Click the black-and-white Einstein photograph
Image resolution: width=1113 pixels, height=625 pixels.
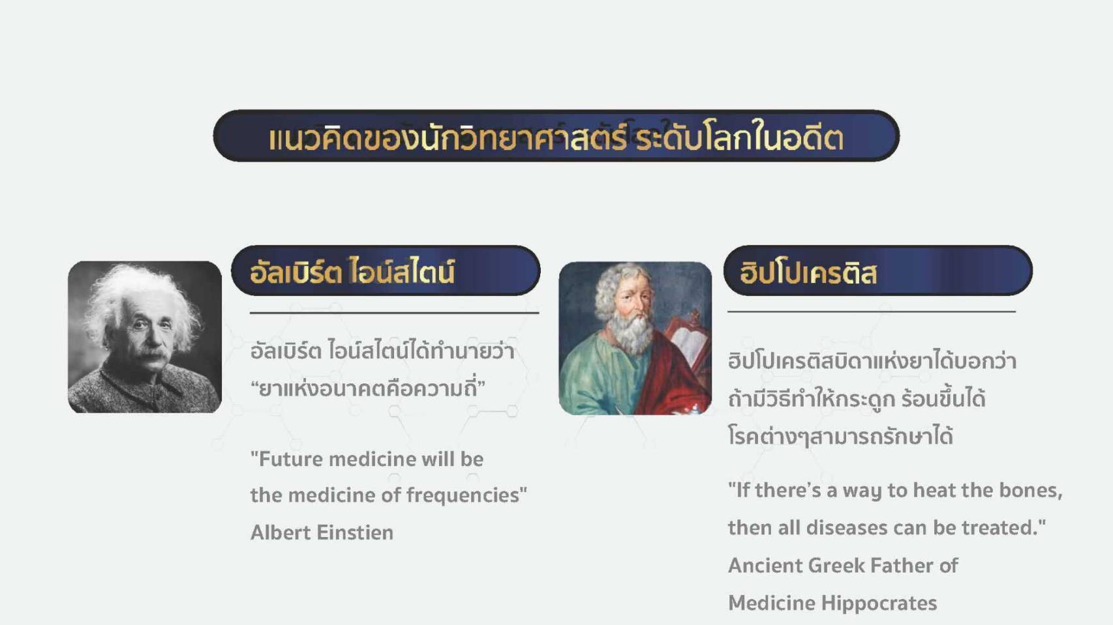[x=145, y=336]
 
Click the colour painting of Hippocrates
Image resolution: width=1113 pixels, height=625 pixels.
[x=635, y=338]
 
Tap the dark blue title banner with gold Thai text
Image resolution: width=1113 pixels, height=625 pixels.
[x=556, y=136]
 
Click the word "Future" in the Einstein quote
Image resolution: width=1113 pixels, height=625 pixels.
[x=291, y=459]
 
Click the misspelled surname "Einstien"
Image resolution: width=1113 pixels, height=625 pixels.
[x=355, y=532]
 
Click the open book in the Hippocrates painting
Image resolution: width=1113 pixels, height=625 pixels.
[x=689, y=345]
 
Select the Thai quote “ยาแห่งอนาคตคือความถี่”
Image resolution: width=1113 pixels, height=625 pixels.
[x=368, y=386]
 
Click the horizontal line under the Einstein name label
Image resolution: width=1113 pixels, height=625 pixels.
[x=394, y=313]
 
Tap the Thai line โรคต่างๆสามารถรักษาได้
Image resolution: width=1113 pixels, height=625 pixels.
[x=840, y=437]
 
